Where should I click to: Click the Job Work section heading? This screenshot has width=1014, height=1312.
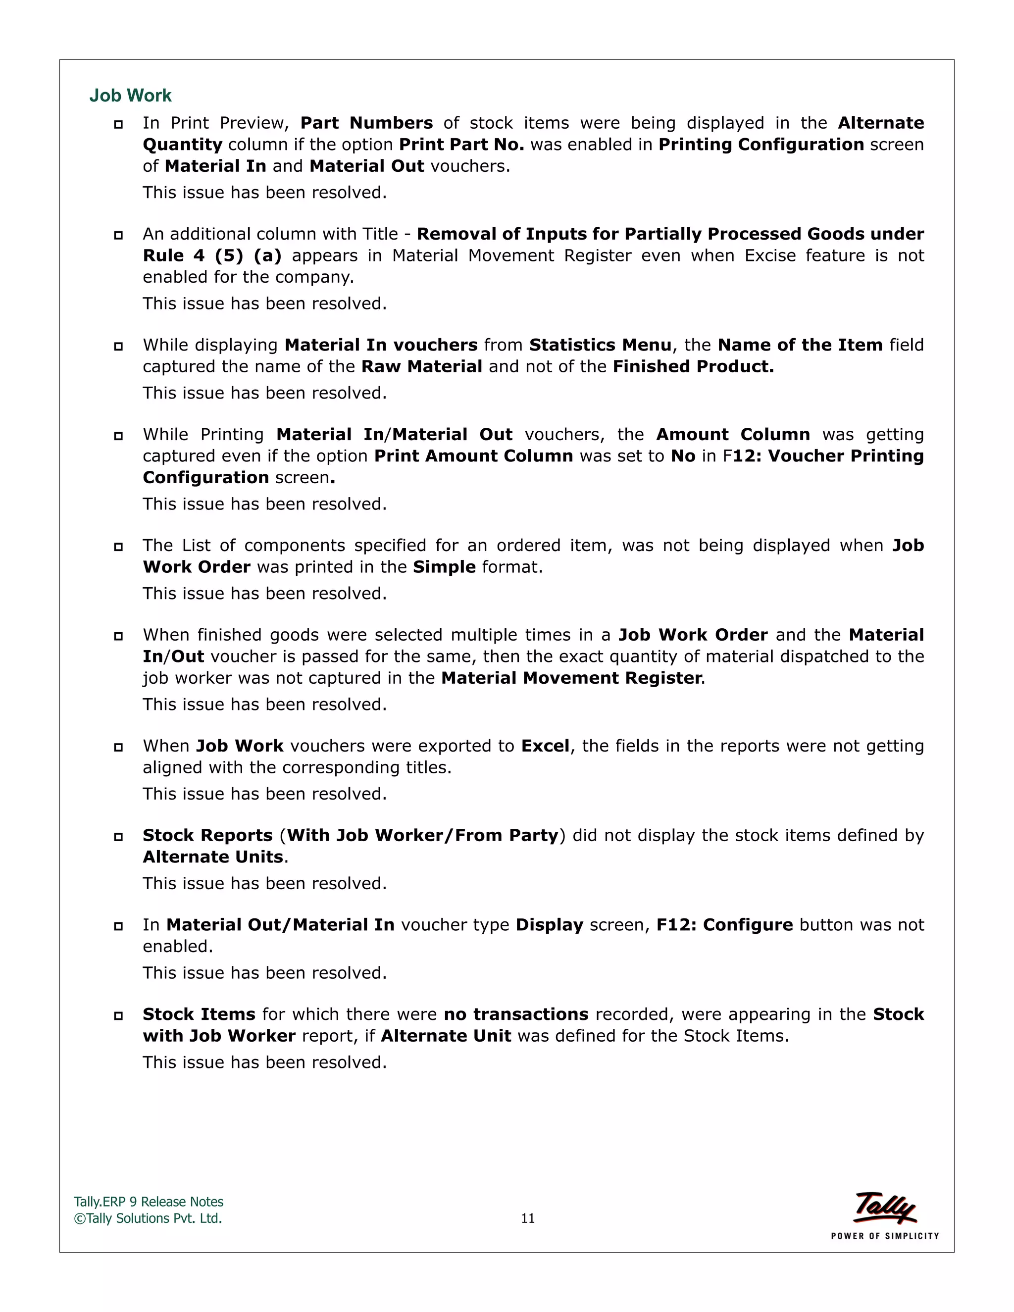pos(130,96)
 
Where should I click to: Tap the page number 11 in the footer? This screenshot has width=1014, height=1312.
pos(527,1218)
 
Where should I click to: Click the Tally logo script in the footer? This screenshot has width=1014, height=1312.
pos(885,1208)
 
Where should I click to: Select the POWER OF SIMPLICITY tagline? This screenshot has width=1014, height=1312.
pos(885,1236)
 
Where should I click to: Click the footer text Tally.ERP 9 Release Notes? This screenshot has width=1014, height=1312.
pos(149,1202)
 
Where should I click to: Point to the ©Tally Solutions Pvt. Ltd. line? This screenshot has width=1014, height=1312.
pos(148,1218)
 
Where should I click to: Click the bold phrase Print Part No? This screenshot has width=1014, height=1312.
pos(461,145)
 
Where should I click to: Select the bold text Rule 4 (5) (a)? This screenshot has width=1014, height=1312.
pos(212,256)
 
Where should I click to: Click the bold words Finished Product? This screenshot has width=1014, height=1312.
pos(693,367)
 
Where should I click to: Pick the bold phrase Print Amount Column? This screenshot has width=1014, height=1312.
pos(473,456)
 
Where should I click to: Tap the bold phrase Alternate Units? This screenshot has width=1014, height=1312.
pos(212,857)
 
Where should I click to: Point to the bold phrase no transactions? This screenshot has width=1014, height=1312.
pos(516,1014)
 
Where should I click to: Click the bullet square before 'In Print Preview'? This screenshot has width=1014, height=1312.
pos(118,124)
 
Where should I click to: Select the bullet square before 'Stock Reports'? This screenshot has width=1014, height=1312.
pos(118,837)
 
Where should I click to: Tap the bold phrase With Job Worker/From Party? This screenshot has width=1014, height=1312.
pos(423,836)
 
